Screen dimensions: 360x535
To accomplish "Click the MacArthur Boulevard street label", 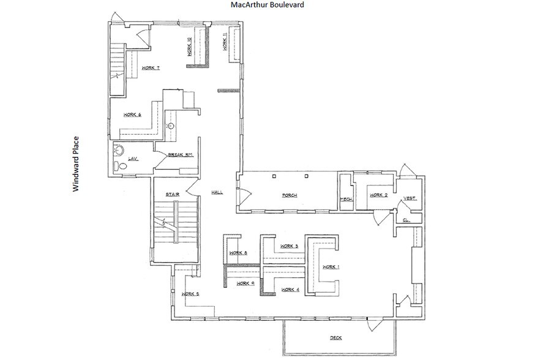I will pos(267,5).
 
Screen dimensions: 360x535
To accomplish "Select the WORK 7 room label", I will pos(150,68).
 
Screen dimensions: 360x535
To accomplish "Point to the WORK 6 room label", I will pos(132,114).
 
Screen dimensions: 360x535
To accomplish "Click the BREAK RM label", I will pos(181,155).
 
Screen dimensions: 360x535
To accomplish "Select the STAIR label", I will pos(171,194).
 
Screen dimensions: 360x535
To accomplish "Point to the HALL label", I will pos(217,192).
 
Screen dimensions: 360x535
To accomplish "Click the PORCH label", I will pos(290,195).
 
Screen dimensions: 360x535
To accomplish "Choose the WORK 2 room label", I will pos(378,195).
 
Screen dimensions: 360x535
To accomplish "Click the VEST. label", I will pos(410,198).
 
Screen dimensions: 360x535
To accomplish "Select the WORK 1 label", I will pos(330,267).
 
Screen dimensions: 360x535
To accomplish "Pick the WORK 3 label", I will pos(289,246).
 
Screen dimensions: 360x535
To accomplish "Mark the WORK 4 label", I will pos(290,289).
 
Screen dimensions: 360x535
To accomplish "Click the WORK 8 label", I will pos(238,253).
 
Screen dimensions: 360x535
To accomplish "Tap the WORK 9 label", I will pos(245,283).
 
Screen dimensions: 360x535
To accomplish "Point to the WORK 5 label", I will pos(190,294).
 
